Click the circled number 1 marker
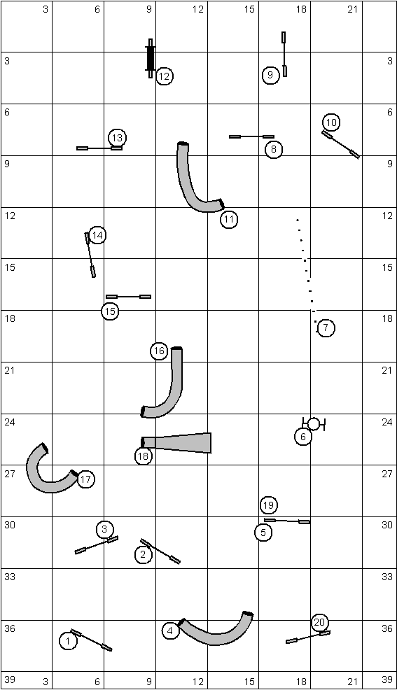tap(68, 641)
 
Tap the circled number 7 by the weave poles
tap(326, 328)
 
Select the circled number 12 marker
tap(164, 76)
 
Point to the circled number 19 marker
tap(268, 505)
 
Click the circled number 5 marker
tap(263, 533)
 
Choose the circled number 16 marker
tap(160, 351)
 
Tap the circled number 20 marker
tap(320, 622)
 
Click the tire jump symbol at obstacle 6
tap(314, 424)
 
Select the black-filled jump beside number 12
tap(151, 58)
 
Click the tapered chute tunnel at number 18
tap(176, 443)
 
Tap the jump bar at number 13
tap(99, 148)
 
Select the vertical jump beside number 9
tap(284, 54)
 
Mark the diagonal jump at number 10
tap(341, 144)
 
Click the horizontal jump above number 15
tap(129, 297)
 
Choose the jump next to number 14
tap(90, 255)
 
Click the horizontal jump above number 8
tap(252, 137)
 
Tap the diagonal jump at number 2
tap(160, 551)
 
